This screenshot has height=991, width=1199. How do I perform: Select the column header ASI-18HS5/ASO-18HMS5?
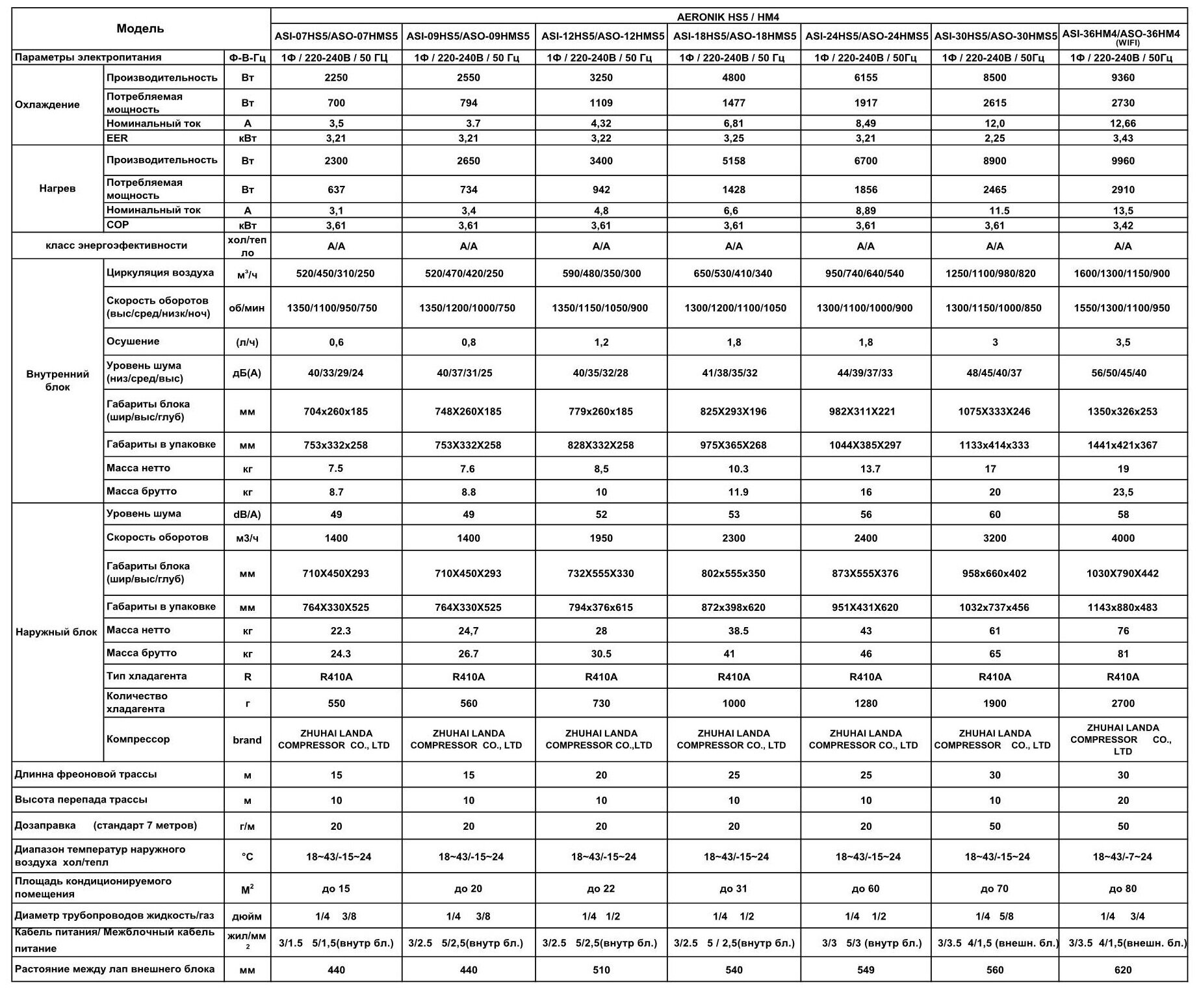click(x=734, y=36)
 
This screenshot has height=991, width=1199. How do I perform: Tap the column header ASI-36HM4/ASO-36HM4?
click(x=1122, y=34)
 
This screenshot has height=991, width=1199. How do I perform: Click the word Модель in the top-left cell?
click(x=140, y=29)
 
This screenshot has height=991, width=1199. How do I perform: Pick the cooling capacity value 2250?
click(x=336, y=78)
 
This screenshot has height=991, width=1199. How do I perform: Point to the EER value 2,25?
click(x=994, y=138)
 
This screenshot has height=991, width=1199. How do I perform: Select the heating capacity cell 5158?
click(x=734, y=161)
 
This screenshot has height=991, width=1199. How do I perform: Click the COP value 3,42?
click(x=1122, y=225)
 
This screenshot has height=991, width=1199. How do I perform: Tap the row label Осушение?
click(x=133, y=342)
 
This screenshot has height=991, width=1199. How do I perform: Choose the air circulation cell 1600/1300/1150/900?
click(x=1122, y=274)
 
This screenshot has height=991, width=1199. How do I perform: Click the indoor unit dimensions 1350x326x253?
click(x=1122, y=411)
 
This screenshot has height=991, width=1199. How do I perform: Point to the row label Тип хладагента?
click(x=147, y=676)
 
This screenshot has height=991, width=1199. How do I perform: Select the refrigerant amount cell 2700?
click(x=1122, y=703)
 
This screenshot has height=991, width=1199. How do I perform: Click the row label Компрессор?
click(x=138, y=740)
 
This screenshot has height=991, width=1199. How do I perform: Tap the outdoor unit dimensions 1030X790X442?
click(x=1122, y=574)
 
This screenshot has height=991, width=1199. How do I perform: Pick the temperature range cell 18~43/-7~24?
click(x=1122, y=857)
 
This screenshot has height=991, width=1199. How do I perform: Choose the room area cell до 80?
click(x=1122, y=888)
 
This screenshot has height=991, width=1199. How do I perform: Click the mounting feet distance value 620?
click(x=1122, y=970)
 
